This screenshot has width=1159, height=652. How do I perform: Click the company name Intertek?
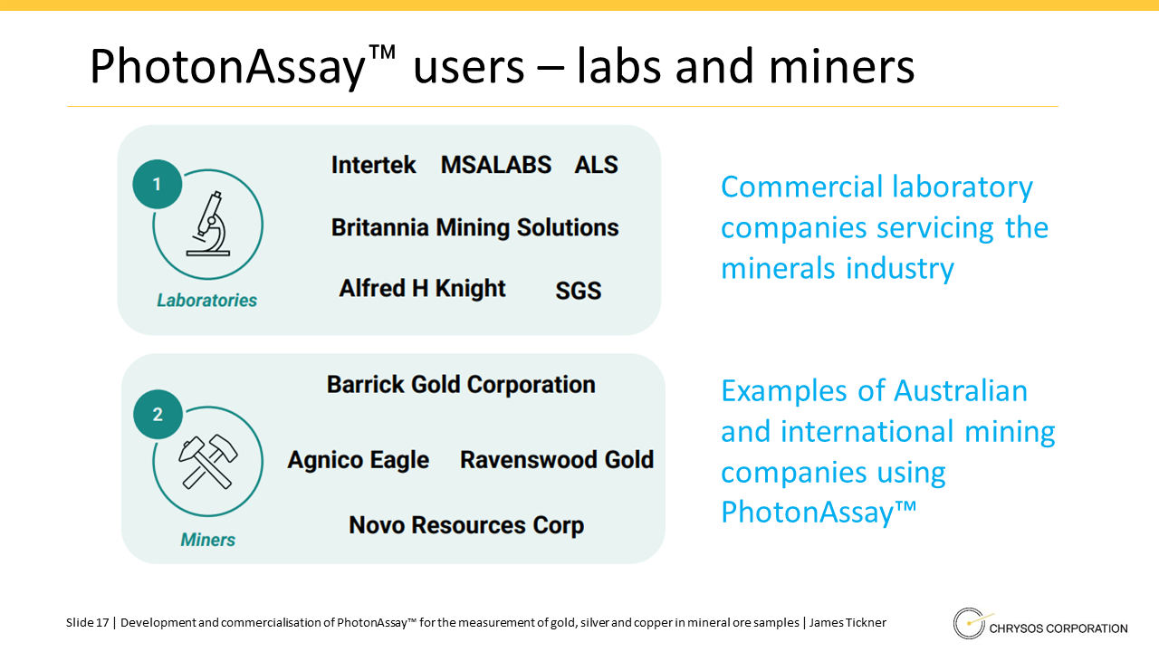(373, 165)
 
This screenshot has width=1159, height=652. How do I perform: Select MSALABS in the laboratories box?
(495, 165)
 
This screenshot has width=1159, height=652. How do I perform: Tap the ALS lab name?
(596, 165)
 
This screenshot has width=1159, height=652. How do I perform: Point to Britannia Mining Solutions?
(475, 228)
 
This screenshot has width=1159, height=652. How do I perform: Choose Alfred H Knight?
(422, 289)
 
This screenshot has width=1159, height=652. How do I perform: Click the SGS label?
(579, 291)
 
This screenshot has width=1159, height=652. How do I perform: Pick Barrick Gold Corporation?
(461, 385)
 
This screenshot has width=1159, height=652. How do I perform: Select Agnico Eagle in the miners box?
(358, 460)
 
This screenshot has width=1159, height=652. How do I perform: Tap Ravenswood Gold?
(557, 459)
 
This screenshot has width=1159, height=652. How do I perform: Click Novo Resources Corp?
(466, 525)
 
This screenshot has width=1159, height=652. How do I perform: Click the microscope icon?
(209, 224)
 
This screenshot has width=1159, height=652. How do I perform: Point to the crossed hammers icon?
(208, 462)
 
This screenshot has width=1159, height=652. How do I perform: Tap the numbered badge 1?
(158, 184)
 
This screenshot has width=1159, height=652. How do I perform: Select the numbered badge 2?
(158, 415)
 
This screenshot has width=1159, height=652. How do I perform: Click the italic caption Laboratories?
(207, 301)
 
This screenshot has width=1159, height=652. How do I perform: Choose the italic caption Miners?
(208, 541)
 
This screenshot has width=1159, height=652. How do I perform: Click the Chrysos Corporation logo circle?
(969, 624)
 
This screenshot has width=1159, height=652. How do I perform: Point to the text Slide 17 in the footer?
(88, 622)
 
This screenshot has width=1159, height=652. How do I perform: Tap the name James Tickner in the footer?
(848, 622)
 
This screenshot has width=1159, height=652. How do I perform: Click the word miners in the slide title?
(842, 67)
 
